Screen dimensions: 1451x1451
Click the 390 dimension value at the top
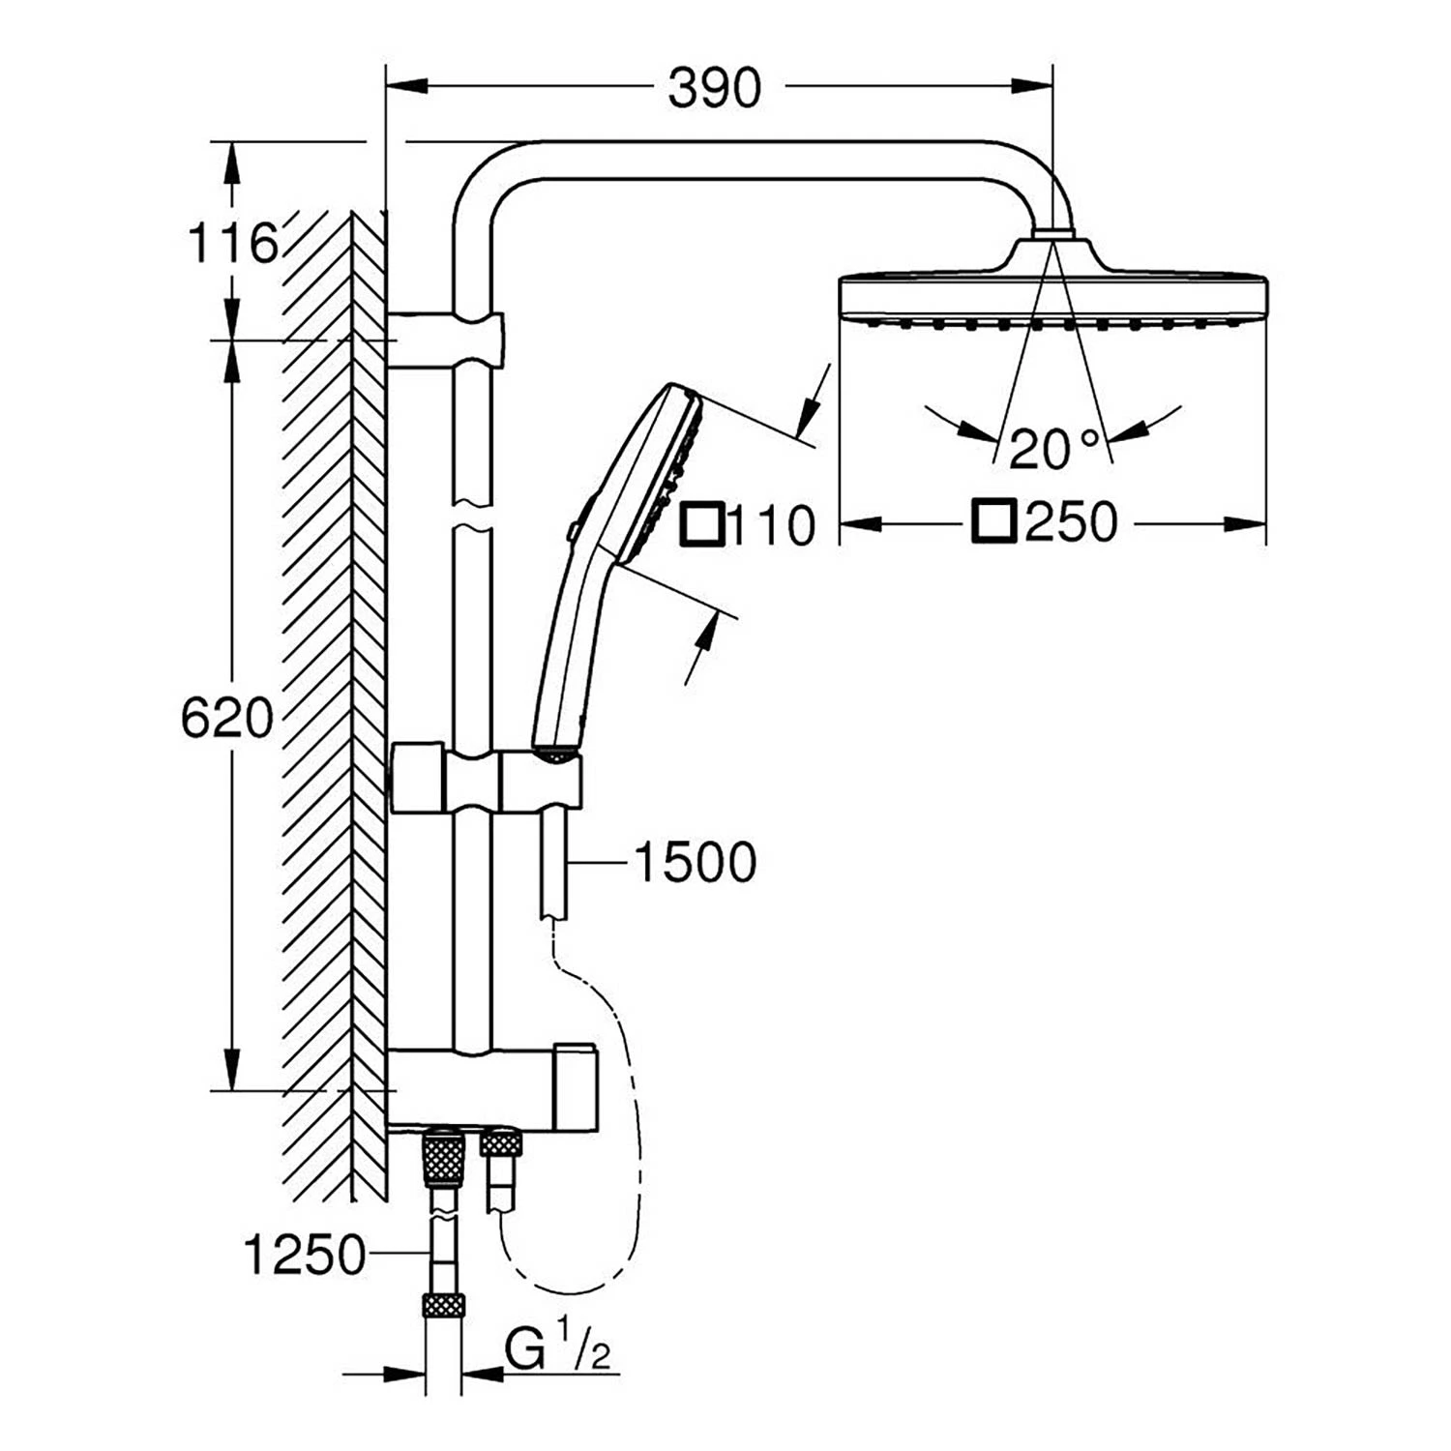[715, 89]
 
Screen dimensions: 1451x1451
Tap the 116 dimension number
[231, 243]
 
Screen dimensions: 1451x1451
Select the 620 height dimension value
[227, 718]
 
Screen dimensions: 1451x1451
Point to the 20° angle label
[1055, 449]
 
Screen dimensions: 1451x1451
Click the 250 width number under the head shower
[1071, 523]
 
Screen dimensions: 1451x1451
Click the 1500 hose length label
[695, 863]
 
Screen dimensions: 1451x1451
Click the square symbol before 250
[994, 522]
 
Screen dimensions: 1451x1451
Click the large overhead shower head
[1052, 290]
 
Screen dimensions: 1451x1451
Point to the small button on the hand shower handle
[574, 530]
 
